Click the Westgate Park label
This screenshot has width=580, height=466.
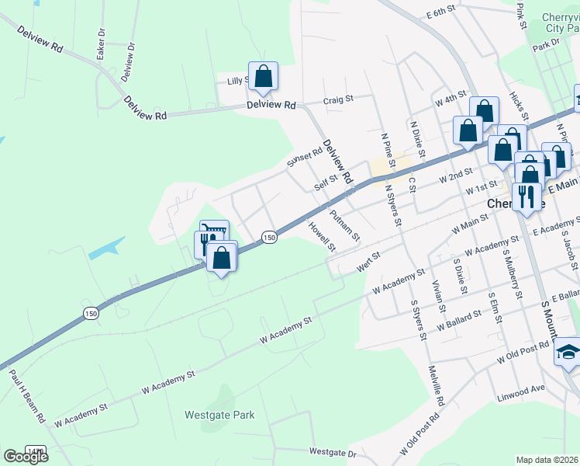coord(219,415)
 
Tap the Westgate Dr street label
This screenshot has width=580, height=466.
coord(332,451)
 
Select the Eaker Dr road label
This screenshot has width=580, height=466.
coord(100,44)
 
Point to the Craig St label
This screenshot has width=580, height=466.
coord(338,99)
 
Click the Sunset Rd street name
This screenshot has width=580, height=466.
coord(304,158)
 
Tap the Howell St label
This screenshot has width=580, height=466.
coord(321,238)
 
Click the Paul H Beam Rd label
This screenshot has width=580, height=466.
coord(29,395)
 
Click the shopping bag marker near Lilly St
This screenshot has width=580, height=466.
coord(263,76)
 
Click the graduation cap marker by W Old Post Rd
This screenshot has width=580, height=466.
coord(568,351)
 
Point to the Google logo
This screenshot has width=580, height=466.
coord(26,456)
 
